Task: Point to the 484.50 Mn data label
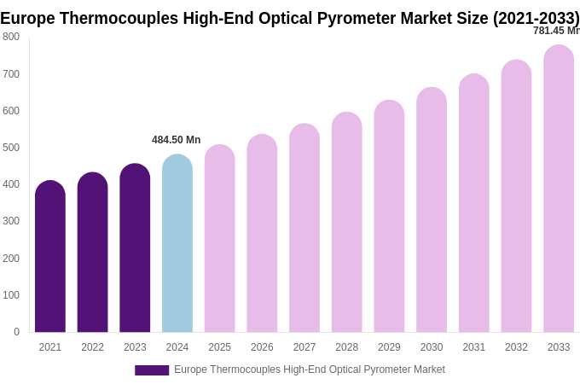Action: click(x=177, y=140)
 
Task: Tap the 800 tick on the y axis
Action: click(x=11, y=37)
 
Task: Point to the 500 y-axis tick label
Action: click(x=11, y=148)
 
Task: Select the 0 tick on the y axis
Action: click(x=16, y=332)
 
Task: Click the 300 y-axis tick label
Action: click(x=11, y=221)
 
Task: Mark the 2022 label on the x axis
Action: click(x=92, y=347)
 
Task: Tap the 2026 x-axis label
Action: click(x=262, y=347)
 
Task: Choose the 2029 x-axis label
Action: click(x=389, y=347)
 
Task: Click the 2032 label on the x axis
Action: click(x=516, y=347)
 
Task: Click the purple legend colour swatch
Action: click(x=152, y=370)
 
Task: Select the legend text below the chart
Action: click(x=310, y=369)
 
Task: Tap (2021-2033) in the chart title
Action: click(x=536, y=18)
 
